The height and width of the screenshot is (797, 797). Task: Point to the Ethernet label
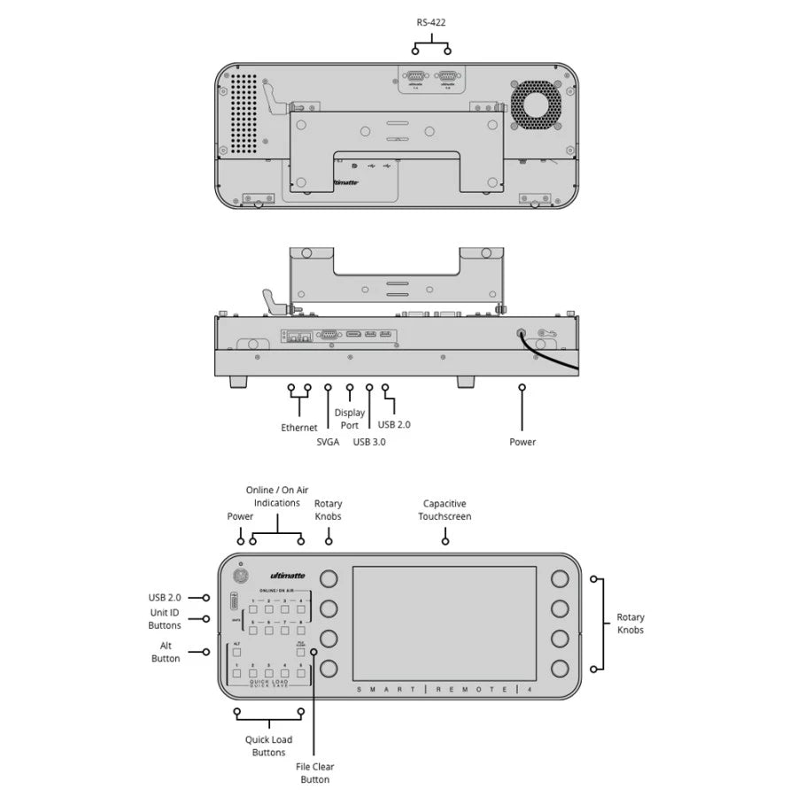click(299, 428)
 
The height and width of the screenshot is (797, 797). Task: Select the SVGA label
click(328, 442)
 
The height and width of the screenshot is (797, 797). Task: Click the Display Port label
click(349, 419)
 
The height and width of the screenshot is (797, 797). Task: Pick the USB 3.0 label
click(369, 442)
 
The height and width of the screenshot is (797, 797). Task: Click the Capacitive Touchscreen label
click(445, 509)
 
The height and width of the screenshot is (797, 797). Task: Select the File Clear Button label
click(314, 773)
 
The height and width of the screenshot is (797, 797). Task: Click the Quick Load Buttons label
click(268, 746)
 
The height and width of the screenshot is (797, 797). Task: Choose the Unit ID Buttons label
click(165, 618)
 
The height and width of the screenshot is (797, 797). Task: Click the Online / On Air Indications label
click(276, 496)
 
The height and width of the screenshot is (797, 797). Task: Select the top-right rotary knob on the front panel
click(560, 579)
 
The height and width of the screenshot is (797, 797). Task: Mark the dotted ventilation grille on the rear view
click(247, 112)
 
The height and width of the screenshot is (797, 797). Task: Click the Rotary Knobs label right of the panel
click(631, 623)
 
